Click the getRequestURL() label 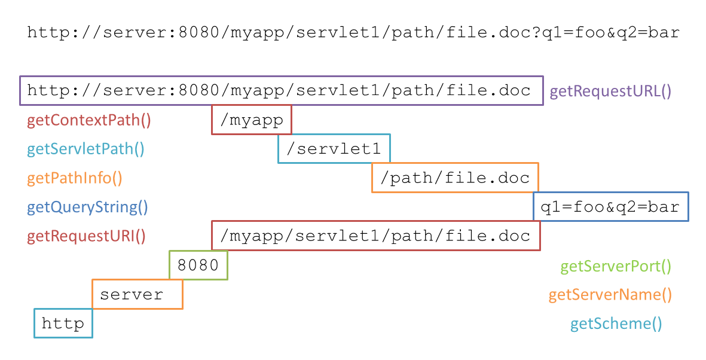tap(610, 91)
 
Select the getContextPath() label tap(89, 120)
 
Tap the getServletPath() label tap(85, 149)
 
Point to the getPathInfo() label tap(75, 178)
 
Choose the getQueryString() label tap(87, 208)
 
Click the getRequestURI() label tap(86, 236)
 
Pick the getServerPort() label tap(616, 266)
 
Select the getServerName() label tap(610, 295)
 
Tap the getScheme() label tap(616, 324)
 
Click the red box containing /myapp tap(252, 120)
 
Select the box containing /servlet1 tap(334, 149)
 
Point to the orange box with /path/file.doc tap(455, 178)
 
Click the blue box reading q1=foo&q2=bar tap(610, 207)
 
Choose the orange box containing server tap(137, 294)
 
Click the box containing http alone tap(63, 324)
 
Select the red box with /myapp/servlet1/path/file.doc tap(376, 236)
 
